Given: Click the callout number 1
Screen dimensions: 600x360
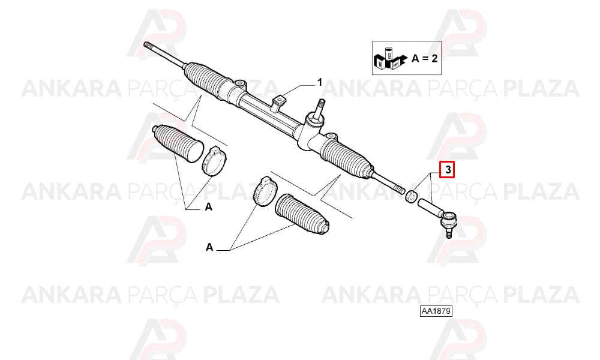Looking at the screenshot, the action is tap(320, 82).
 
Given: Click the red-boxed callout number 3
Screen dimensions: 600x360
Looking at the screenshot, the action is tap(448, 170).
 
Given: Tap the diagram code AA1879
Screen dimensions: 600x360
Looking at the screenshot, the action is tap(436, 311).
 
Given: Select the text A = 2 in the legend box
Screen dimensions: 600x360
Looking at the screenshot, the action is tap(424, 59).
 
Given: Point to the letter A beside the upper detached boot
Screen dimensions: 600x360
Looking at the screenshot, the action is tap(209, 207).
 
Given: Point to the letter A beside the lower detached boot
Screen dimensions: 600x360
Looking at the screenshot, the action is tap(209, 247).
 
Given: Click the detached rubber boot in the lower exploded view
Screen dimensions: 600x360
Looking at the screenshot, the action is tap(302, 214).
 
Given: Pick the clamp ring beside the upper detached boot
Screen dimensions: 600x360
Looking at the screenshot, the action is tap(214, 161).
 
